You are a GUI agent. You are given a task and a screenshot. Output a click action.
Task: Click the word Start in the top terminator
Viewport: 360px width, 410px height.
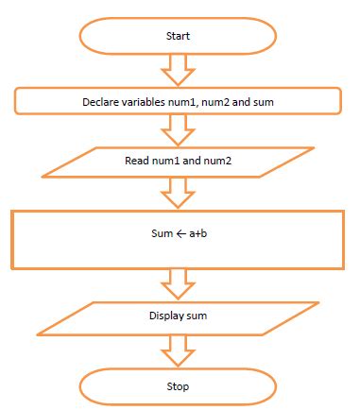[178, 36]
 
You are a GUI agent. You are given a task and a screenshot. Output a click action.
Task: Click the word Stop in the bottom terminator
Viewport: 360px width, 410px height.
[178, 386]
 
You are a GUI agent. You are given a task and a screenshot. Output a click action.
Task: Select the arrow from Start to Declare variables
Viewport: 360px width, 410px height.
[178, 69]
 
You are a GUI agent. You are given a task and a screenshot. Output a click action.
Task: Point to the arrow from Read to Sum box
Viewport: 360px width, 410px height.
[178, 194]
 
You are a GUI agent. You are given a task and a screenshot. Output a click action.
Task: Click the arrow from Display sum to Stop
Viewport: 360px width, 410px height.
[178, 350]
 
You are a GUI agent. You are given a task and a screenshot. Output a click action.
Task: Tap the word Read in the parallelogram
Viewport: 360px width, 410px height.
[137, 160]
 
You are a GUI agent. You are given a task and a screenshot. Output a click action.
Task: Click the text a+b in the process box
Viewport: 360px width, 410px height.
[198, 231]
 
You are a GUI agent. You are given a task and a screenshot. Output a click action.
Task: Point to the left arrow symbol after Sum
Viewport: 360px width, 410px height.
[177, 231]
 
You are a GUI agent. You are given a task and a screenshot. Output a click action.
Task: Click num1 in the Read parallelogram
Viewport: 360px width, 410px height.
[166, 160]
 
